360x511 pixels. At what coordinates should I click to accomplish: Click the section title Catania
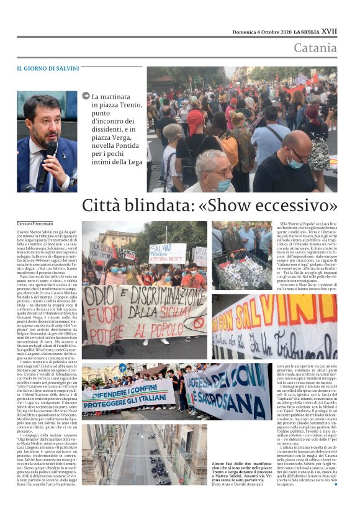click(x=315, y=48)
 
